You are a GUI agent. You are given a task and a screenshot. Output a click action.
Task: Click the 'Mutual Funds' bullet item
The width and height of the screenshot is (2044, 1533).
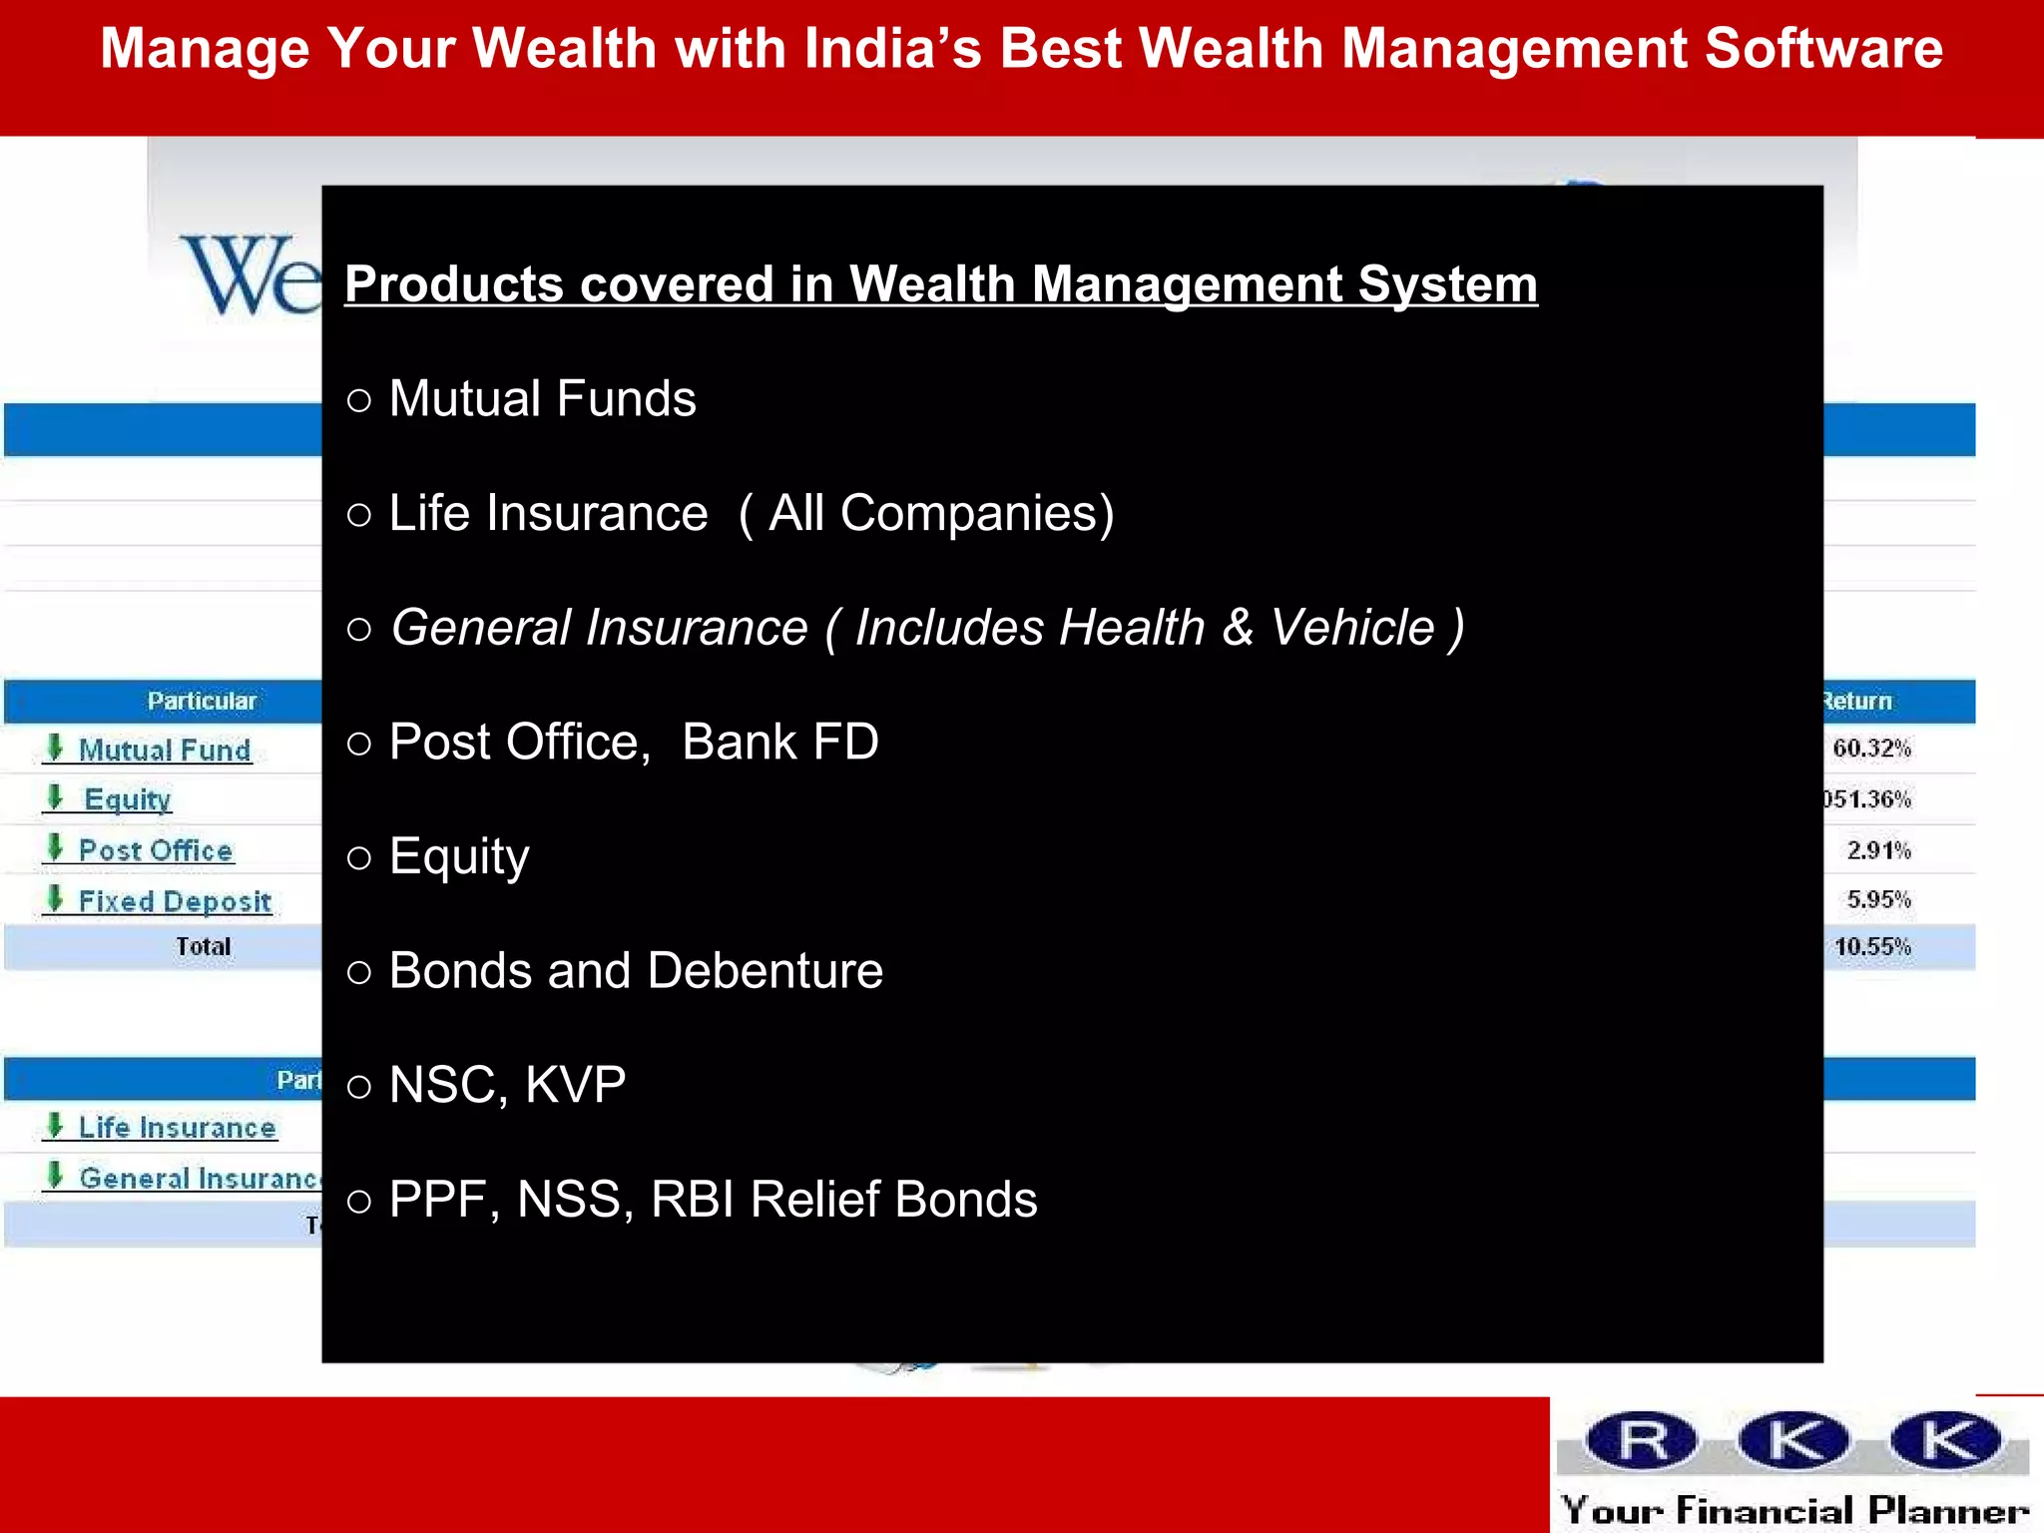coord(542,399)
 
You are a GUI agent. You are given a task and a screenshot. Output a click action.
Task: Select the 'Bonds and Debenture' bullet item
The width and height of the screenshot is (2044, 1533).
coord(636,971)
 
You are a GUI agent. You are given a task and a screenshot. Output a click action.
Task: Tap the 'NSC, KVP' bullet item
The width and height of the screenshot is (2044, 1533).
coord(507,1085)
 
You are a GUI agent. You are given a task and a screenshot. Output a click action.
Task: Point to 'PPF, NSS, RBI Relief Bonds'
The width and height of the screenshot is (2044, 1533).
coord(713,1200)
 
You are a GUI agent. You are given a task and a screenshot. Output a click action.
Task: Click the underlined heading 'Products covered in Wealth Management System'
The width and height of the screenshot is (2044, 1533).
coord(940,284)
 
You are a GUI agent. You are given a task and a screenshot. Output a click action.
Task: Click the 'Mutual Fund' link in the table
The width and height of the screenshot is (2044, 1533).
coord(165,751)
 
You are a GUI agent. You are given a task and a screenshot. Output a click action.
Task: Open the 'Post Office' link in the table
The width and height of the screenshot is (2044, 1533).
coord(156,851)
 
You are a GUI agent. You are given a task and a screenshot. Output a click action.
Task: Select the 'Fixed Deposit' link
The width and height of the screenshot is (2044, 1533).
coord(175,902)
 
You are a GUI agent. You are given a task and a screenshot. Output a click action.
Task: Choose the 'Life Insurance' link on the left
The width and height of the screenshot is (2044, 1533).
coord(178,1128)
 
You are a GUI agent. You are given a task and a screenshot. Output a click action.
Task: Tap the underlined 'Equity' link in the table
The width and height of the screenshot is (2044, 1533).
coord(128,800)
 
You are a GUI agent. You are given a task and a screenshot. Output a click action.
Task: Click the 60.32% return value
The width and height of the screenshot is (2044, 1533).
coord(1871,749)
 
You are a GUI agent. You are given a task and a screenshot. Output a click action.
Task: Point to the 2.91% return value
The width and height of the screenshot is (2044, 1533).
coord(1878,850)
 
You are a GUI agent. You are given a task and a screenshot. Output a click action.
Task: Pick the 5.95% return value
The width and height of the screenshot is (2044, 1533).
coord(1878,900)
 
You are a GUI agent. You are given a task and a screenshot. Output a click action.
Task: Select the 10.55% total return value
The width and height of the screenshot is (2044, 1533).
coord(1872,947)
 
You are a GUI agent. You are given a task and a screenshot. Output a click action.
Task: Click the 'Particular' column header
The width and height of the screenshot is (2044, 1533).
coord(202,702)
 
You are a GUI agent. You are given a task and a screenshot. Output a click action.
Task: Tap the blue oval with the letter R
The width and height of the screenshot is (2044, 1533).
coord(1642,1441)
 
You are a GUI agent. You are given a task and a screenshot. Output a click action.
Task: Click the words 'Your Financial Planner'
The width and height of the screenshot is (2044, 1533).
coord(1794,1510)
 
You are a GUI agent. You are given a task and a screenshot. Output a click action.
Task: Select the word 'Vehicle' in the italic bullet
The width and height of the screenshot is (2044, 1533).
coord(1352,628)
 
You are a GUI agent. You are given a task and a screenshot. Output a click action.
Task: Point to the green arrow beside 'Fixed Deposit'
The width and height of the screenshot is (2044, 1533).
coord(56,898)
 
